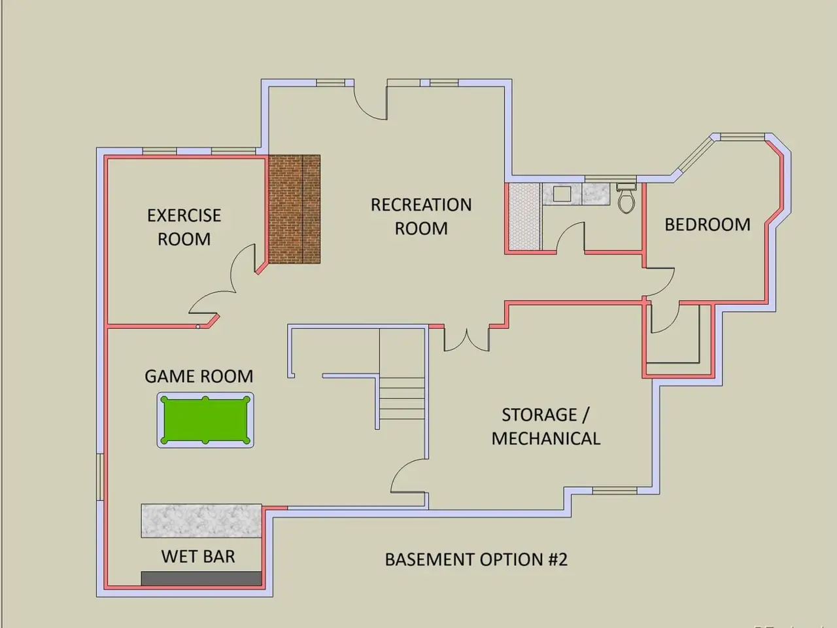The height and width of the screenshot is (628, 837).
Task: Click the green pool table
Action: tap(205, 420)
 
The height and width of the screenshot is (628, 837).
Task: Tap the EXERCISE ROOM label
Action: tap(184, 227)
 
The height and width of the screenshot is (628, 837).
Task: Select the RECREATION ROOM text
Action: tap(421, 216)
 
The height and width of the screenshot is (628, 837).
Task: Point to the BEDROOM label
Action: tap(707, 224)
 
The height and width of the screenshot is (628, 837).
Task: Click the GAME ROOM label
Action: tap(198, 376)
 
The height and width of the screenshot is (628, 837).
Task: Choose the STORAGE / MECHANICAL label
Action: tap(545, 427)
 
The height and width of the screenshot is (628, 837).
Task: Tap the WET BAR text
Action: tap(197, 557)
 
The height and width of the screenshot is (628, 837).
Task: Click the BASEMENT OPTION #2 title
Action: tap(475, 559)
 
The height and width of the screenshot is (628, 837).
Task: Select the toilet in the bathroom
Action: tap(626, 198)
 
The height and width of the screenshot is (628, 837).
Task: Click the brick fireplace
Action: tap(294, 209)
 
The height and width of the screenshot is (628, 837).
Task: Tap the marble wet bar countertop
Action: tap(201, 521)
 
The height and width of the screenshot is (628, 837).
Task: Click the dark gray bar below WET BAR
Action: tap(201, 578)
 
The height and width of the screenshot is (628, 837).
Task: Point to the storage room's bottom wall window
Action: tap(614, 490)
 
